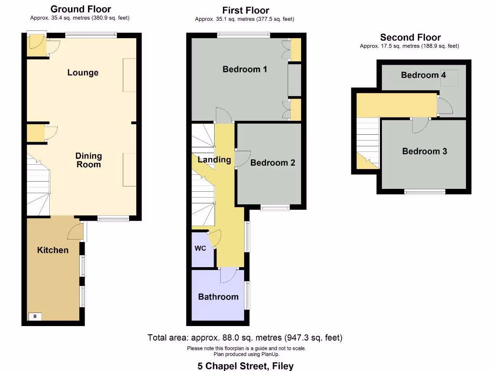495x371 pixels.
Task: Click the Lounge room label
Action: (83, 73)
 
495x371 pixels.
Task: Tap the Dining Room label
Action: (88, 160)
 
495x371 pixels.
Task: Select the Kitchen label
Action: (53, 250)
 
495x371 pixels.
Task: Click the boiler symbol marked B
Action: (35, 317)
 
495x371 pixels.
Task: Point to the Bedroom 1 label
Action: (245, 70)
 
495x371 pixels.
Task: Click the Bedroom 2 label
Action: (273, 163)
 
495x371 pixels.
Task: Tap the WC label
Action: (201, 249)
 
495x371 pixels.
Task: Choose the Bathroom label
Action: (218, 297)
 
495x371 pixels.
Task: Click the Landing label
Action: (214, 159)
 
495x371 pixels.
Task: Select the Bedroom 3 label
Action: (424, 152)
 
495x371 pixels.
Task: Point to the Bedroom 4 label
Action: (423, 75)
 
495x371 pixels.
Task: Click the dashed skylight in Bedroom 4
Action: (452, 79)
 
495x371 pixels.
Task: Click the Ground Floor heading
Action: (80, 9)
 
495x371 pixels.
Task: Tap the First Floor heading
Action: (246, 10)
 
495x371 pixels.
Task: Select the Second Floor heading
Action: (410, 37)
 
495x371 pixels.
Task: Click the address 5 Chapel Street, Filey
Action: (245, 366)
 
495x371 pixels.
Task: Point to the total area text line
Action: (245, 338)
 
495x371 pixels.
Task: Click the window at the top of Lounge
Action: (91, 34)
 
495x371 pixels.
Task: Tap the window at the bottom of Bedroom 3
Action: (425, 192)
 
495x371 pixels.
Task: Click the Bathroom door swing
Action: (227, 276)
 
